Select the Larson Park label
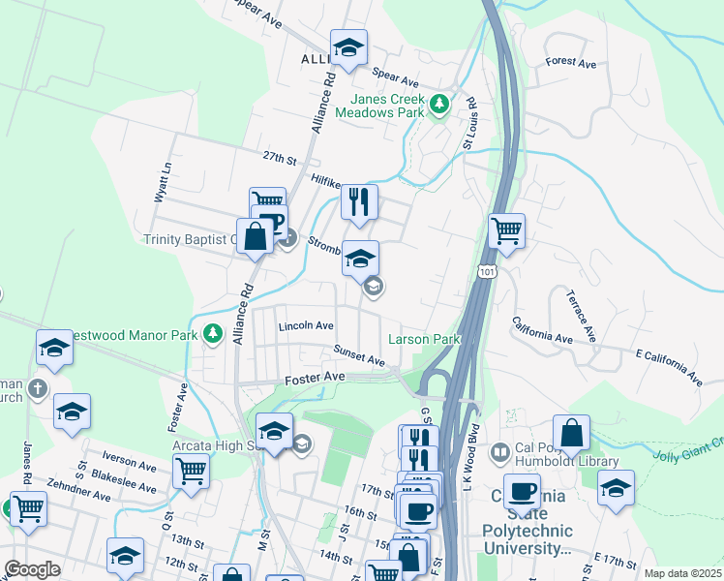pyautogui.click(x=423, y=340)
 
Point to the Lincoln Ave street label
pyautogui.click(x=306, y=326)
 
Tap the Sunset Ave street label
pyautogui.click(x=359, y=355)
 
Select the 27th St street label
pyautogui.click(x=277, y=158)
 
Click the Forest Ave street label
pyautogui.click(x=571, y=62)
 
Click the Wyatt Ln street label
pyautogui.click(x=163, y=182)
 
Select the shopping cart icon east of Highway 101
pyautogui.click(x=506, y=231)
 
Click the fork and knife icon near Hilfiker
pyautogui.click(x=359, y=202)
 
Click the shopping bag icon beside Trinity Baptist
pyautogui.click(x=255, y=236)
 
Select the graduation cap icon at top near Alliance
pyautogui.click(x=348, y=46)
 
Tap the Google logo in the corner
pyautogui.click(x=32, y=569)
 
